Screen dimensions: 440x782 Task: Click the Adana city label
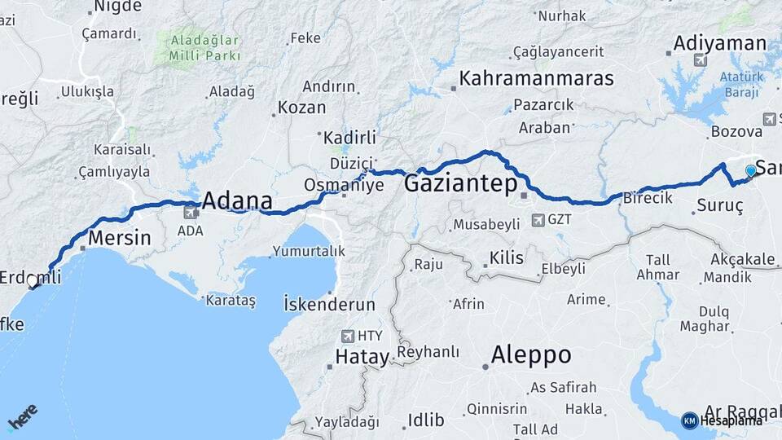click(x=236, y=200)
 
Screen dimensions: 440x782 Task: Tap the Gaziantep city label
click(x=460, y=184)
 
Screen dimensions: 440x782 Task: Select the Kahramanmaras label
click(x=536, y=78)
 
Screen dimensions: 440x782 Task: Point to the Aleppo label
click(x=530, y=355)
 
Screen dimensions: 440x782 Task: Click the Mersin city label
click(x=119, y=239)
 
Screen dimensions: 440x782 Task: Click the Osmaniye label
click(x=343, y=186)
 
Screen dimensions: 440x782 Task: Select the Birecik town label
click(x=648, y=198)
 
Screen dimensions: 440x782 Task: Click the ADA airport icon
click(x=191, y=213)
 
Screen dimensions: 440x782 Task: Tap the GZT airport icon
click(x=538, y=220)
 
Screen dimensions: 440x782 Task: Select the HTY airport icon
click(x=349, y=336)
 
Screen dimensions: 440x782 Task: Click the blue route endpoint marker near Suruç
click(x=750, y=171)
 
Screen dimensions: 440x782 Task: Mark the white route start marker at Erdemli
click(x=32, y=281)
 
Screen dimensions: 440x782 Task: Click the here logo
click(x=22, y=418)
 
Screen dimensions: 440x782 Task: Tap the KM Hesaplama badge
click(x=723, y=420)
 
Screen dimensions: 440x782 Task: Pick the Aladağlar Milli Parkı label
click(x=204, y=47)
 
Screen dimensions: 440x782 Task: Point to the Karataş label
click(x=233, y=301)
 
